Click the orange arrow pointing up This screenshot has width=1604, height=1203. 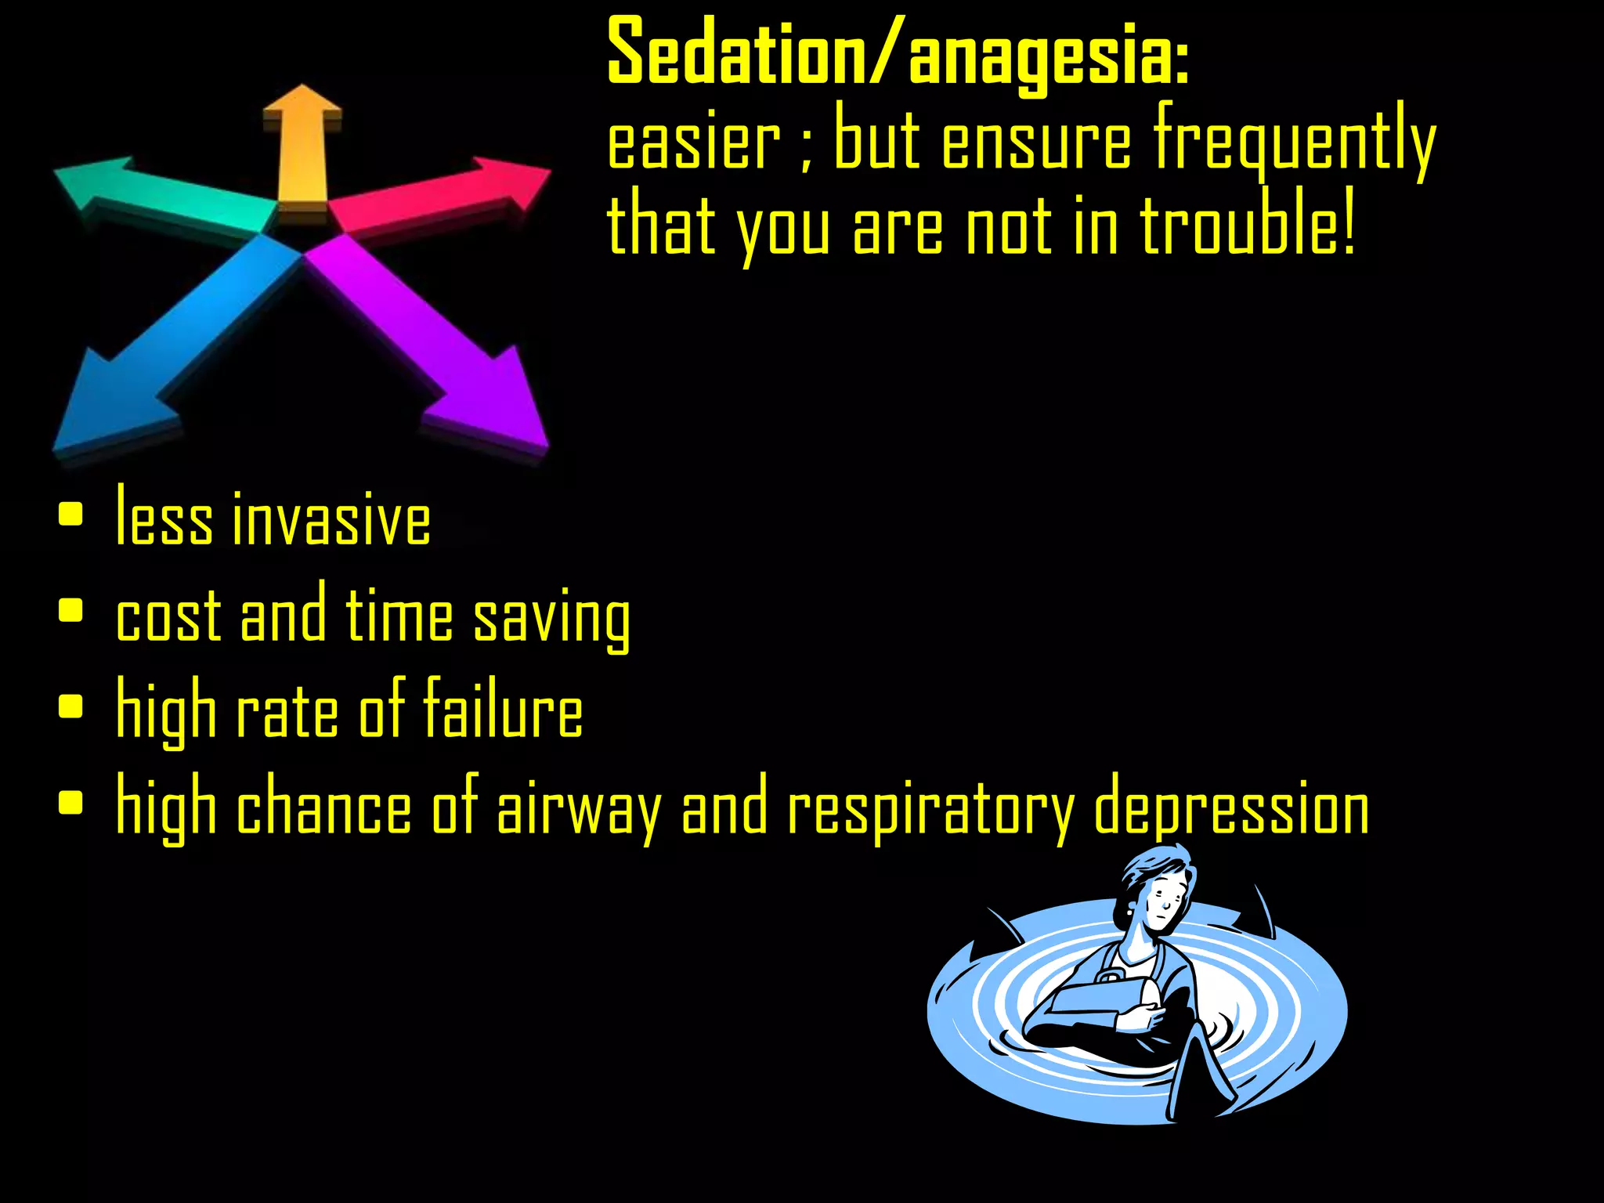pyautogui.click(x=302, y=149)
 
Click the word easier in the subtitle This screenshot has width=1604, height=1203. pyautogui.click(x=694, y=145)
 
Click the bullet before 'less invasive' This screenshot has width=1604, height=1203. pyautogui.click(x=70, y=515)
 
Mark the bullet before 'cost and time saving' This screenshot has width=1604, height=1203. pyautogui.click(x=70, y=610)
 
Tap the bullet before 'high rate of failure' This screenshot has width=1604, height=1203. pyautogui.click(x=70, y=706)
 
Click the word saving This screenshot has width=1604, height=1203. pyautogui.click(x=552, y=619)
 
